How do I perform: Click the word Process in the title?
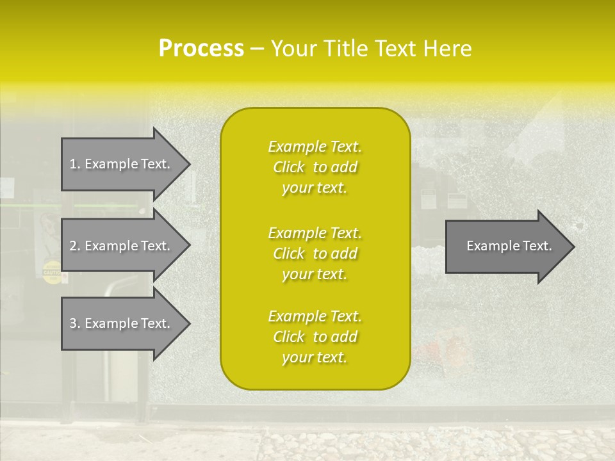201,49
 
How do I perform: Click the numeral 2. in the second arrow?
75,246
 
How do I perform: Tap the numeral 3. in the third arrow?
75,323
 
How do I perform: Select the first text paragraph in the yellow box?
315,167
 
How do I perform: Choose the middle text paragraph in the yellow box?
315,254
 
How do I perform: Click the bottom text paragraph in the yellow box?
315,337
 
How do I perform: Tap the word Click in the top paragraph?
289,167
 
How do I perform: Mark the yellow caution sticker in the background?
51,272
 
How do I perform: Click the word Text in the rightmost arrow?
537,246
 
